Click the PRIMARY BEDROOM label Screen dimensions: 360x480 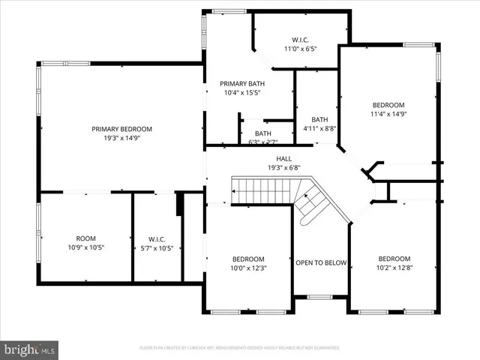121,128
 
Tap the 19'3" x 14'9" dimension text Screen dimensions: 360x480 121,138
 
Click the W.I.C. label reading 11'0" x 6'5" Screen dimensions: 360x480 301,39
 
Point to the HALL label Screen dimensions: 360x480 283,158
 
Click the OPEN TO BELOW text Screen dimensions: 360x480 320,263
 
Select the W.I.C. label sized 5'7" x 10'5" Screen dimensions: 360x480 156,238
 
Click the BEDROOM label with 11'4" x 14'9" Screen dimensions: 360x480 388,105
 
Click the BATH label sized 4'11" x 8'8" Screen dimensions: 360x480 319,119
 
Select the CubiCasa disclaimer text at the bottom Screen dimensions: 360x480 240,348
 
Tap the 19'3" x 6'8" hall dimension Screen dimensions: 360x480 283,168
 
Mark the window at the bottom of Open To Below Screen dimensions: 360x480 320,297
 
